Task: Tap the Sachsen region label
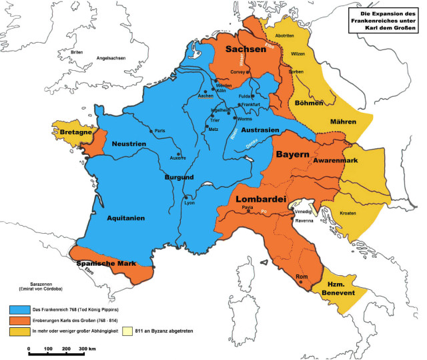[x=246, y=50]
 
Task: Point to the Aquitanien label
[x=125, y=217]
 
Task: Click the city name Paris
[x=159, y=131]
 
